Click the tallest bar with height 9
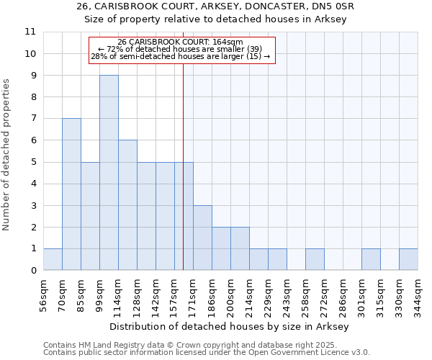click(109, 173)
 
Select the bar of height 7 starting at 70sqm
click(71, 194)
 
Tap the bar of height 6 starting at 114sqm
click(127, 205)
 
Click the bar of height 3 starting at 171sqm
click(202, 238)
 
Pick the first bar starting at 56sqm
click(53, 259)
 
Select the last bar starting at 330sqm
click(408, 259)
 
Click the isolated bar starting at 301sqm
click(371, 259)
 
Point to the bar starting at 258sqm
click(315, 259)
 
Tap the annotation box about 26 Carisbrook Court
click(181, 50)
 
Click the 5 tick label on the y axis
click(33, 163)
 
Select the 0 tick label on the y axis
click(33, 271)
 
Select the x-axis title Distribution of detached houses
click(230, 327)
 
